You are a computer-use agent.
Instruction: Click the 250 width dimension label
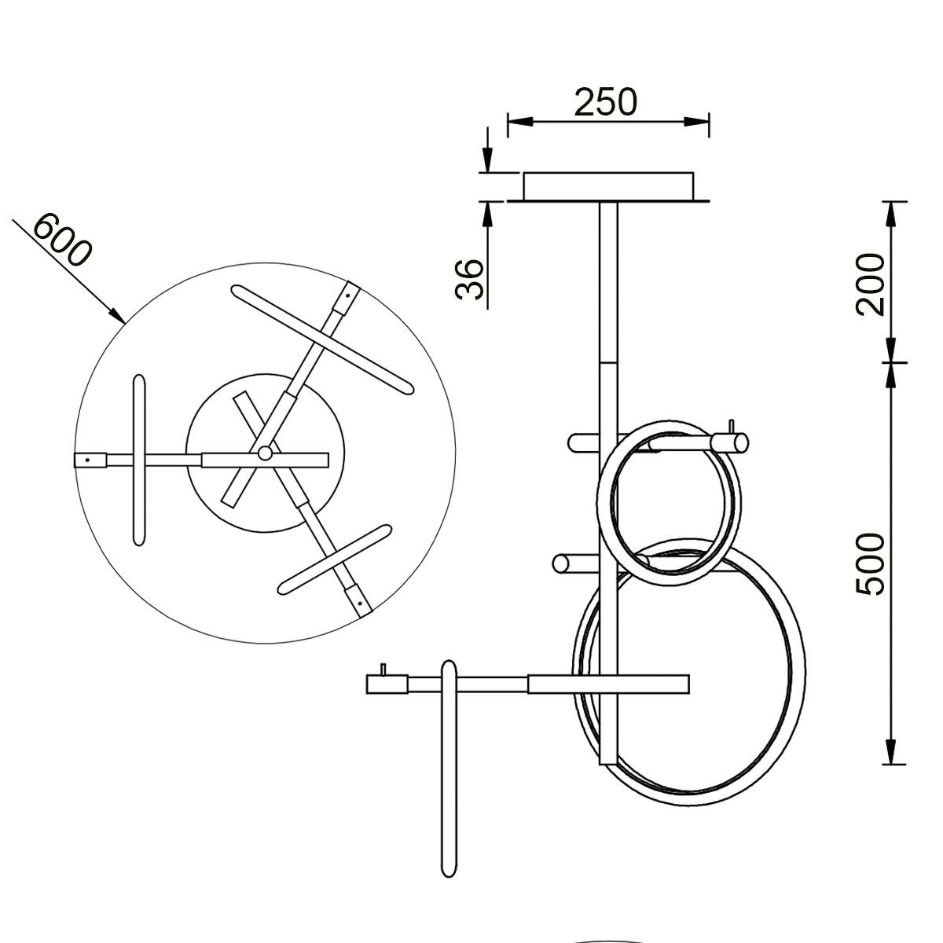click(x=605, y=102)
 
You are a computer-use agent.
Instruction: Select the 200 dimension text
click(x=871, y=283)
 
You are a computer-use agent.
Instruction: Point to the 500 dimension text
click(x=871, y=563)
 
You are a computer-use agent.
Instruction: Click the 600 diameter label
click(x=63, y=240)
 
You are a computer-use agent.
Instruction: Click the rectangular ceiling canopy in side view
click(x=609, y=186)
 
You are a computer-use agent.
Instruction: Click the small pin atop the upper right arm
click(x=732, y=426)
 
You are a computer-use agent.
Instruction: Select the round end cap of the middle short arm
click(x=562, y=563)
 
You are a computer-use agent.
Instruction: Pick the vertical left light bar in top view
click(x=139, y=460)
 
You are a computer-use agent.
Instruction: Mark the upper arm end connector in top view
click(x=347, y=299)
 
